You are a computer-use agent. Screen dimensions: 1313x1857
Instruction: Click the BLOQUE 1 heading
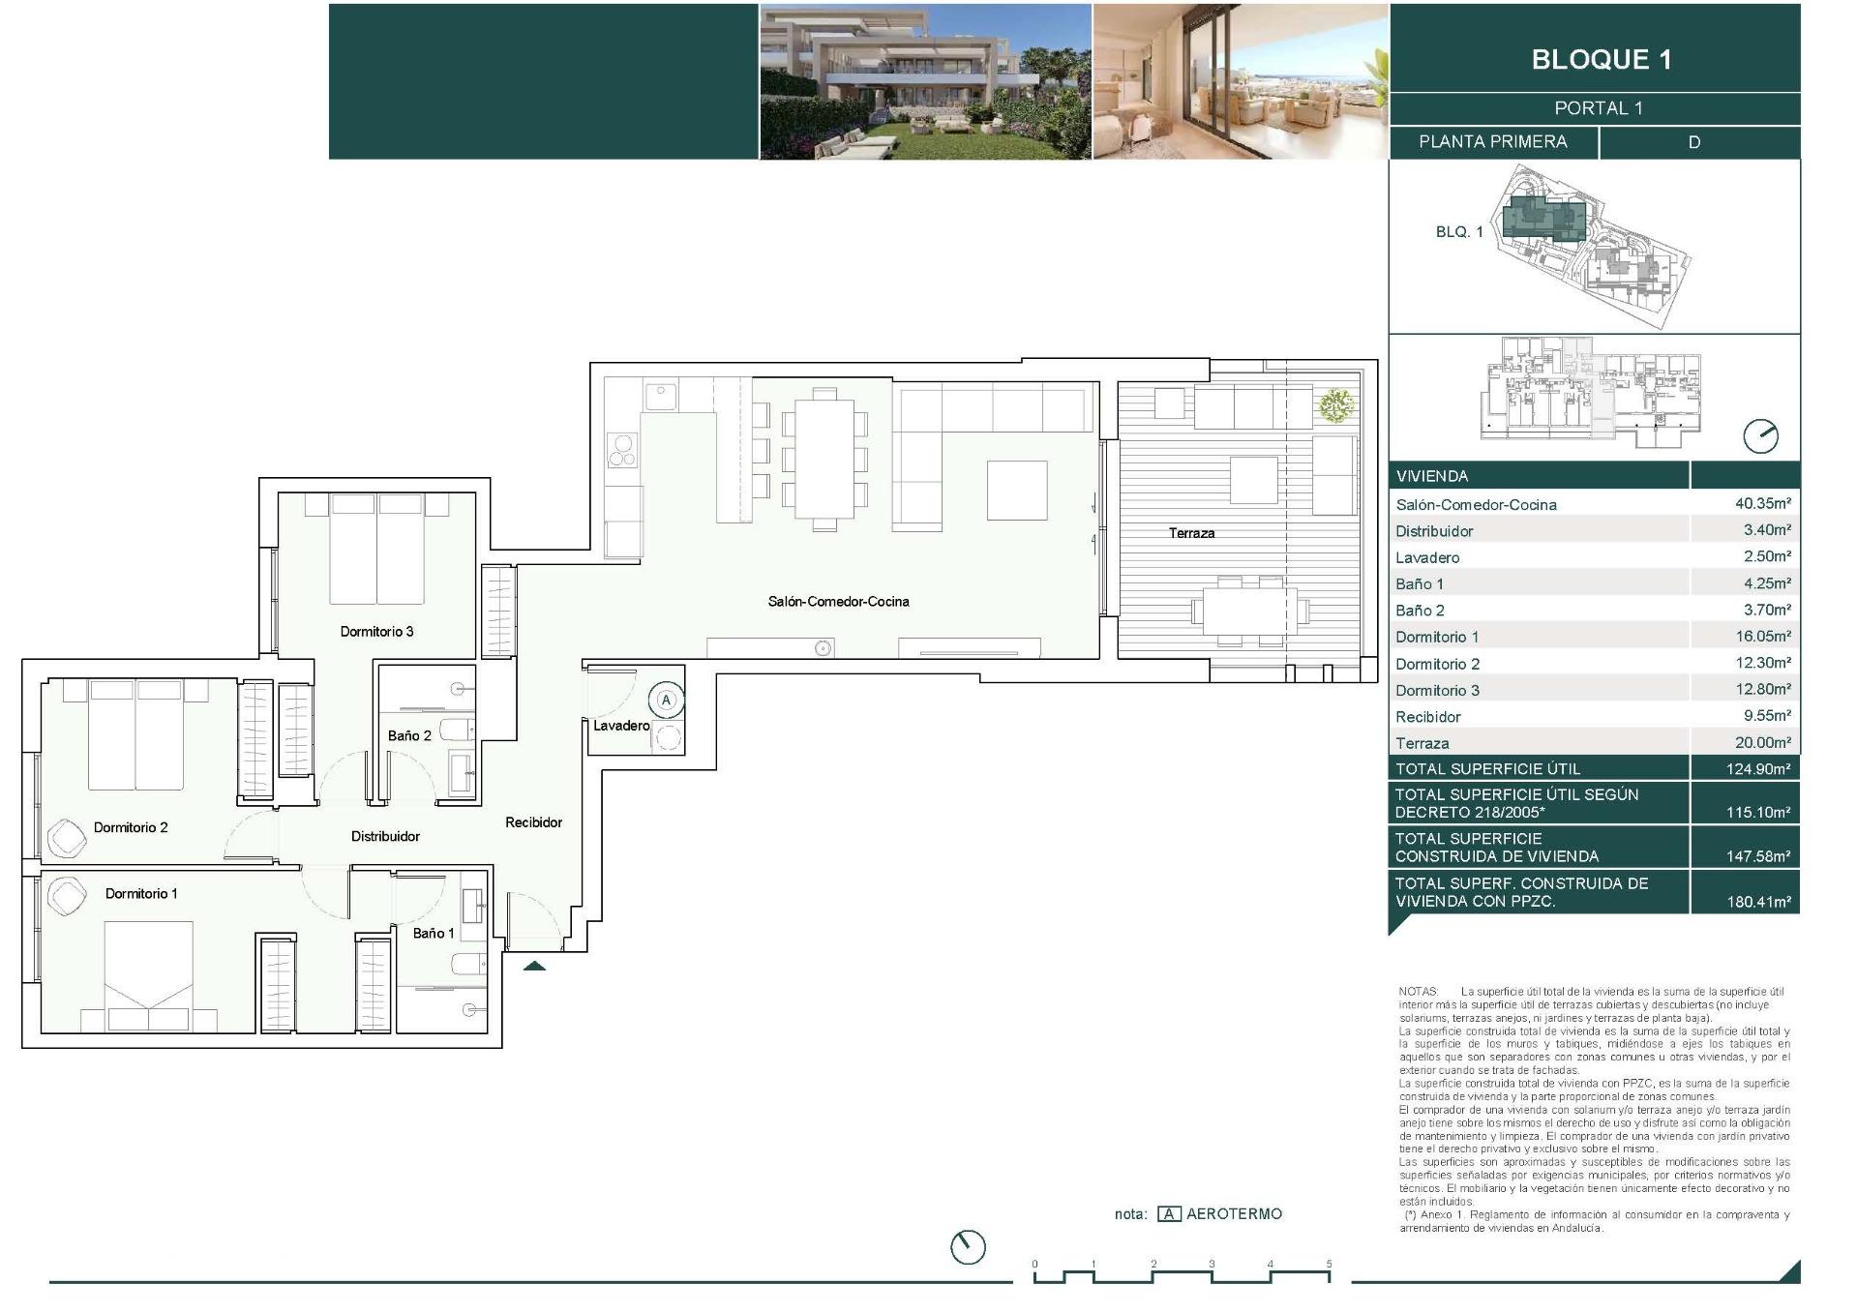pyautogui.click(x=1601, y=59)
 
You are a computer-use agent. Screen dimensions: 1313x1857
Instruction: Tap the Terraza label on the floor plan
pyautogui.click(x=1190, y=533)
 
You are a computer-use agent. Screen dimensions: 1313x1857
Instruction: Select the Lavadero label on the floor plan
pyautogui.click(x=620, y=726)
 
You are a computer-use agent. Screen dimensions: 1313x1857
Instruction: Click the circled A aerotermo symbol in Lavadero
pyautogui.click(x=666, y=700)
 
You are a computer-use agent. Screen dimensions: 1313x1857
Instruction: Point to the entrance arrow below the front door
pyautogui.click(x=534, y=965)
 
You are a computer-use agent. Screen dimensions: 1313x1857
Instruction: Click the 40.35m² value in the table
pyautogui.click(x=1762, y=503)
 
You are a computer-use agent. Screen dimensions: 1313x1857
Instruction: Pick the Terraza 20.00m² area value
pyautogui.click(x=1762, y=742)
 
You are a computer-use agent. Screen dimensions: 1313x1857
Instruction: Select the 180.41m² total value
pyautogui.click(x=1758, y=901)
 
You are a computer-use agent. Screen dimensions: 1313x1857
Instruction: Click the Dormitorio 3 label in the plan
pyautogui.click(x=376, y=632)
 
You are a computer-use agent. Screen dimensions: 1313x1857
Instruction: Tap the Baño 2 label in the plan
pyautogui.click(x=409, y=735)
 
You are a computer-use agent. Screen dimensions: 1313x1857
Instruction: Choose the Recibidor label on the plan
pyautogui.click(x=533, y=822)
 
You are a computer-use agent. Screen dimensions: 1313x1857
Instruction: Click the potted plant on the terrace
pyautogui.click(x=1336, y=403)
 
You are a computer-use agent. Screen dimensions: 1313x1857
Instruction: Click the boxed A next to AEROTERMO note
pyautogui.click(x=1169, y=1214)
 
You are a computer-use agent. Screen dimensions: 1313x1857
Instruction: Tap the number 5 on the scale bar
pyautogui.click(x=1329, y=1264)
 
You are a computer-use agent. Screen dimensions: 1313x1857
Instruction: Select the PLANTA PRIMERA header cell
pyautogui.click(x=1492, y=142)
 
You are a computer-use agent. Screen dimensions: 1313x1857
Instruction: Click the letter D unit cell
pyautogui.click(x=1693, y=142)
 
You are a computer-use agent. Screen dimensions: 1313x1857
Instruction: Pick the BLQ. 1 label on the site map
pyautogui.click(x=1458, y=232)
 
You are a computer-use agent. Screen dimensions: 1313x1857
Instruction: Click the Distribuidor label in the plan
pyautogui.click(x=385, y=836)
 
